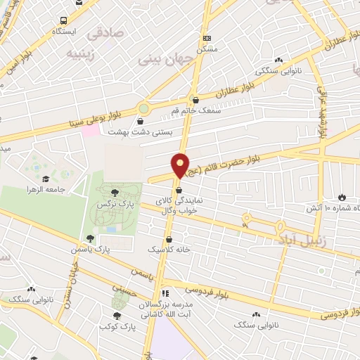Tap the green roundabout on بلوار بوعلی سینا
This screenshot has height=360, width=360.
(144, 108)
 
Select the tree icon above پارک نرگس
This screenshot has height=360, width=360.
(115, 191)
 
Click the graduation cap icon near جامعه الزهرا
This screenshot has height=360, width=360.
(46, 179)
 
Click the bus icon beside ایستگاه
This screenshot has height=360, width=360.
(64, 20)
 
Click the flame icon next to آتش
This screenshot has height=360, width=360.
(342, 197)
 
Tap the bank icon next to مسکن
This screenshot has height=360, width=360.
(206, 38)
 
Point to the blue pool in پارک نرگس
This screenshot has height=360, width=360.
(110, 230)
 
